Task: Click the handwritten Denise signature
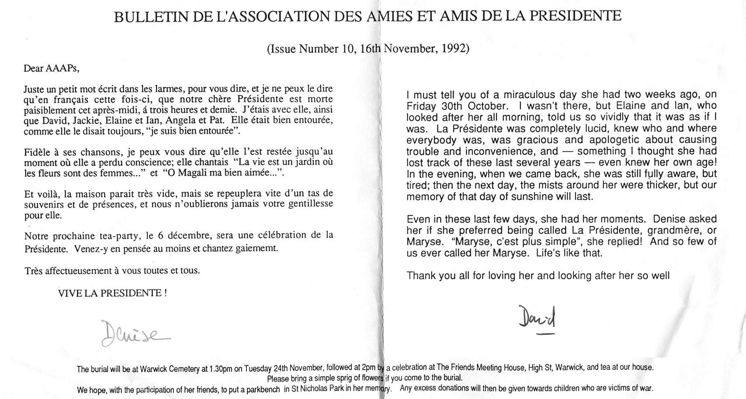tap(133, 334)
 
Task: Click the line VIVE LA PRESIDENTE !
tap(112, 293)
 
